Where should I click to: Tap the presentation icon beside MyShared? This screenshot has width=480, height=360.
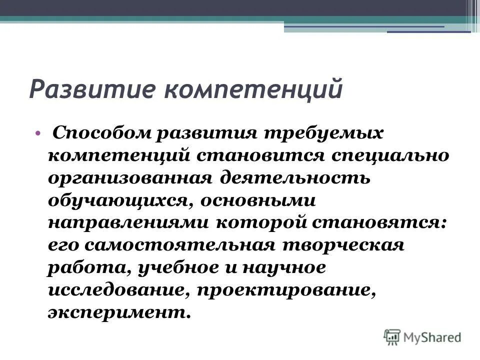392,337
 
